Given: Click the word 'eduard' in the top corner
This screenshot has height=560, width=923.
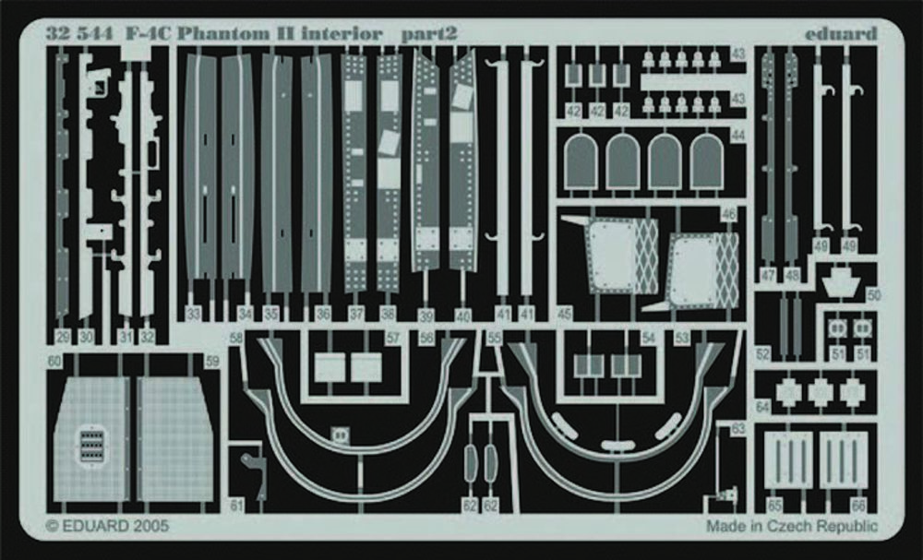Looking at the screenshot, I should [846, 33].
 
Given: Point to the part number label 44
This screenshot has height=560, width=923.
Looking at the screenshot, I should [737, 136].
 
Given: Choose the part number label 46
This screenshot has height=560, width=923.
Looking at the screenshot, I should [729, 214].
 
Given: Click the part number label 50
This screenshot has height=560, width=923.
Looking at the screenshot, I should [873, 295].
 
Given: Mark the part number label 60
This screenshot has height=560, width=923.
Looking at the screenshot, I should [54, 361].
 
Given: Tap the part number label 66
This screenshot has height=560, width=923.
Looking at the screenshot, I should [858, 506].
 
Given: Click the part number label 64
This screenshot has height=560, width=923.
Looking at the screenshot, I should [762, 407].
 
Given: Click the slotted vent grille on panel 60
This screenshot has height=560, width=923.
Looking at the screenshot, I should [90, 446].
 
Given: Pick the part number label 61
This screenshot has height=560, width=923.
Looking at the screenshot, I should [237, 505].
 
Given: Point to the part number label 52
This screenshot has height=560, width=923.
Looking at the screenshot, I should [762, 353].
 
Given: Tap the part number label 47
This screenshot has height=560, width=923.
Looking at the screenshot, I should [768, 274].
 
